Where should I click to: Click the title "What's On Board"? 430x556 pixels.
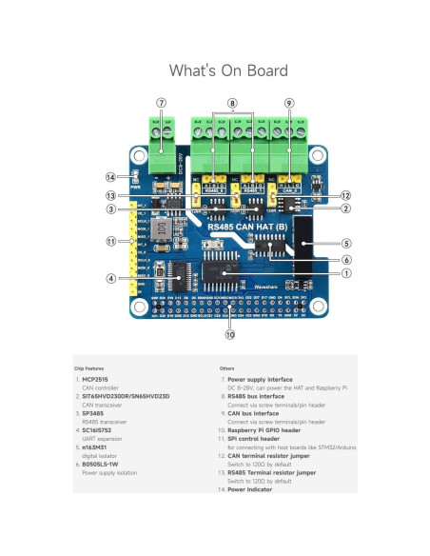click(x=215, y=70)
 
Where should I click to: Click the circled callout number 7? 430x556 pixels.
click(x=162, y=102)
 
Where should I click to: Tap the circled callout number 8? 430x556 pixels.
click(x=232, y=102)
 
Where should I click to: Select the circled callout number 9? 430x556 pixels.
click(x=289, y=102)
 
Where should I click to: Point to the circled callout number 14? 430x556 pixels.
click(x=110, y=177)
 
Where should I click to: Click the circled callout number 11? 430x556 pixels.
click(x=110, y=242)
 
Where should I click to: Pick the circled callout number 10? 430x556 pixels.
click(x=229, y=334)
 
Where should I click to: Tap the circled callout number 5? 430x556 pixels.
click(x=347, y=243)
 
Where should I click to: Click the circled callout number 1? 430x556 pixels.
click(x=345, y=273)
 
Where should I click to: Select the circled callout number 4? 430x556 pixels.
click(x=110, y=278)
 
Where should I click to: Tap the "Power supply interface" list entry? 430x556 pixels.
click(x=261, y=379)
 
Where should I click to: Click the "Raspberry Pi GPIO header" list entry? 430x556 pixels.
click(x=269, y=430)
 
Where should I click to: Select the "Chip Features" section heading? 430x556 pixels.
click(x=88, y=367)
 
